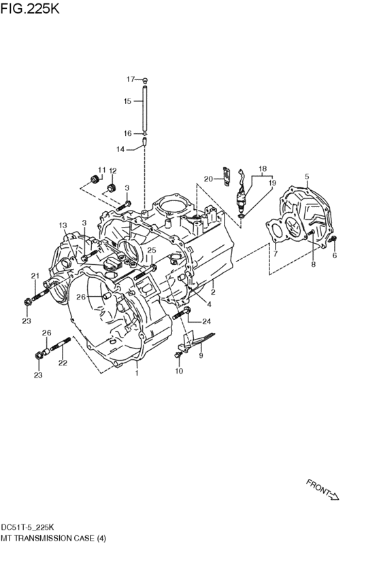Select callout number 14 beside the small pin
(120, 149)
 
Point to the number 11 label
(101, 170)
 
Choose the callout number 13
(63, 225)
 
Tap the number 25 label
(152, 251)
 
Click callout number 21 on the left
(35, 275)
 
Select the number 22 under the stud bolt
(63, 363)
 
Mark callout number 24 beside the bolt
(207, 321)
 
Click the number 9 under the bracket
(201, 355)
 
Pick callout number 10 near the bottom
(179, 371)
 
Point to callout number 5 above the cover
(307, 177)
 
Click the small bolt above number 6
(333, 240)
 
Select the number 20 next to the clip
(209, 179)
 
